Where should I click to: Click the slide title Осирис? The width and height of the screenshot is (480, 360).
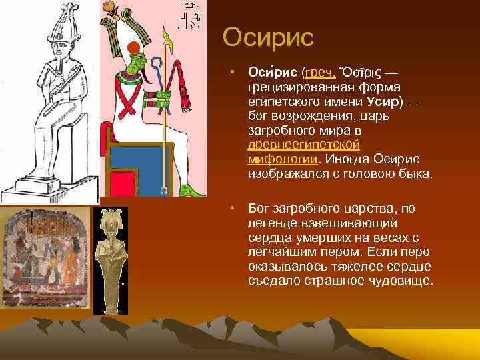pos(268,37)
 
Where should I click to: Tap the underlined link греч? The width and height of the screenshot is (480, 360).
pos(321,71)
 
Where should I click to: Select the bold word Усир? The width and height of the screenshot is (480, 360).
pos(381,103)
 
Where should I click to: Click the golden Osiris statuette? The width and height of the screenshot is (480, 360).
pos(109,260)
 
